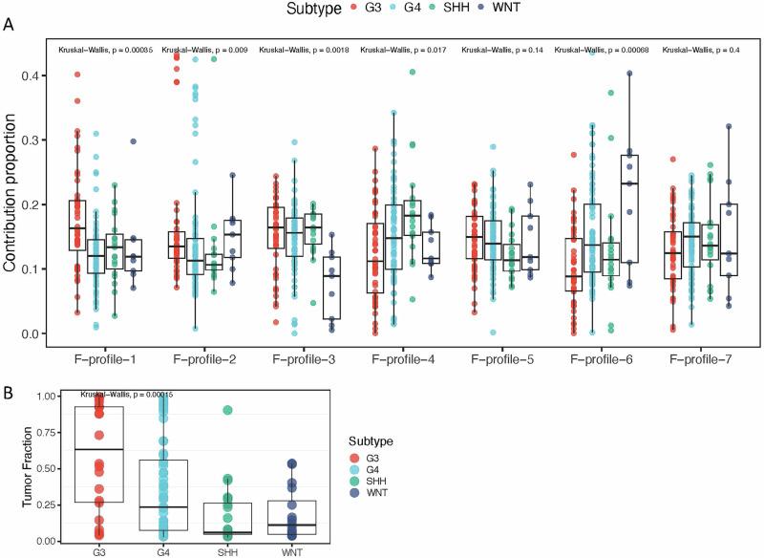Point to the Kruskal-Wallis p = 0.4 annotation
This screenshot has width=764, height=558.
702,49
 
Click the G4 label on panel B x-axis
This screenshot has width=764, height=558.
162,552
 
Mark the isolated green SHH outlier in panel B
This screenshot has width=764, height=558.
229,411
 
